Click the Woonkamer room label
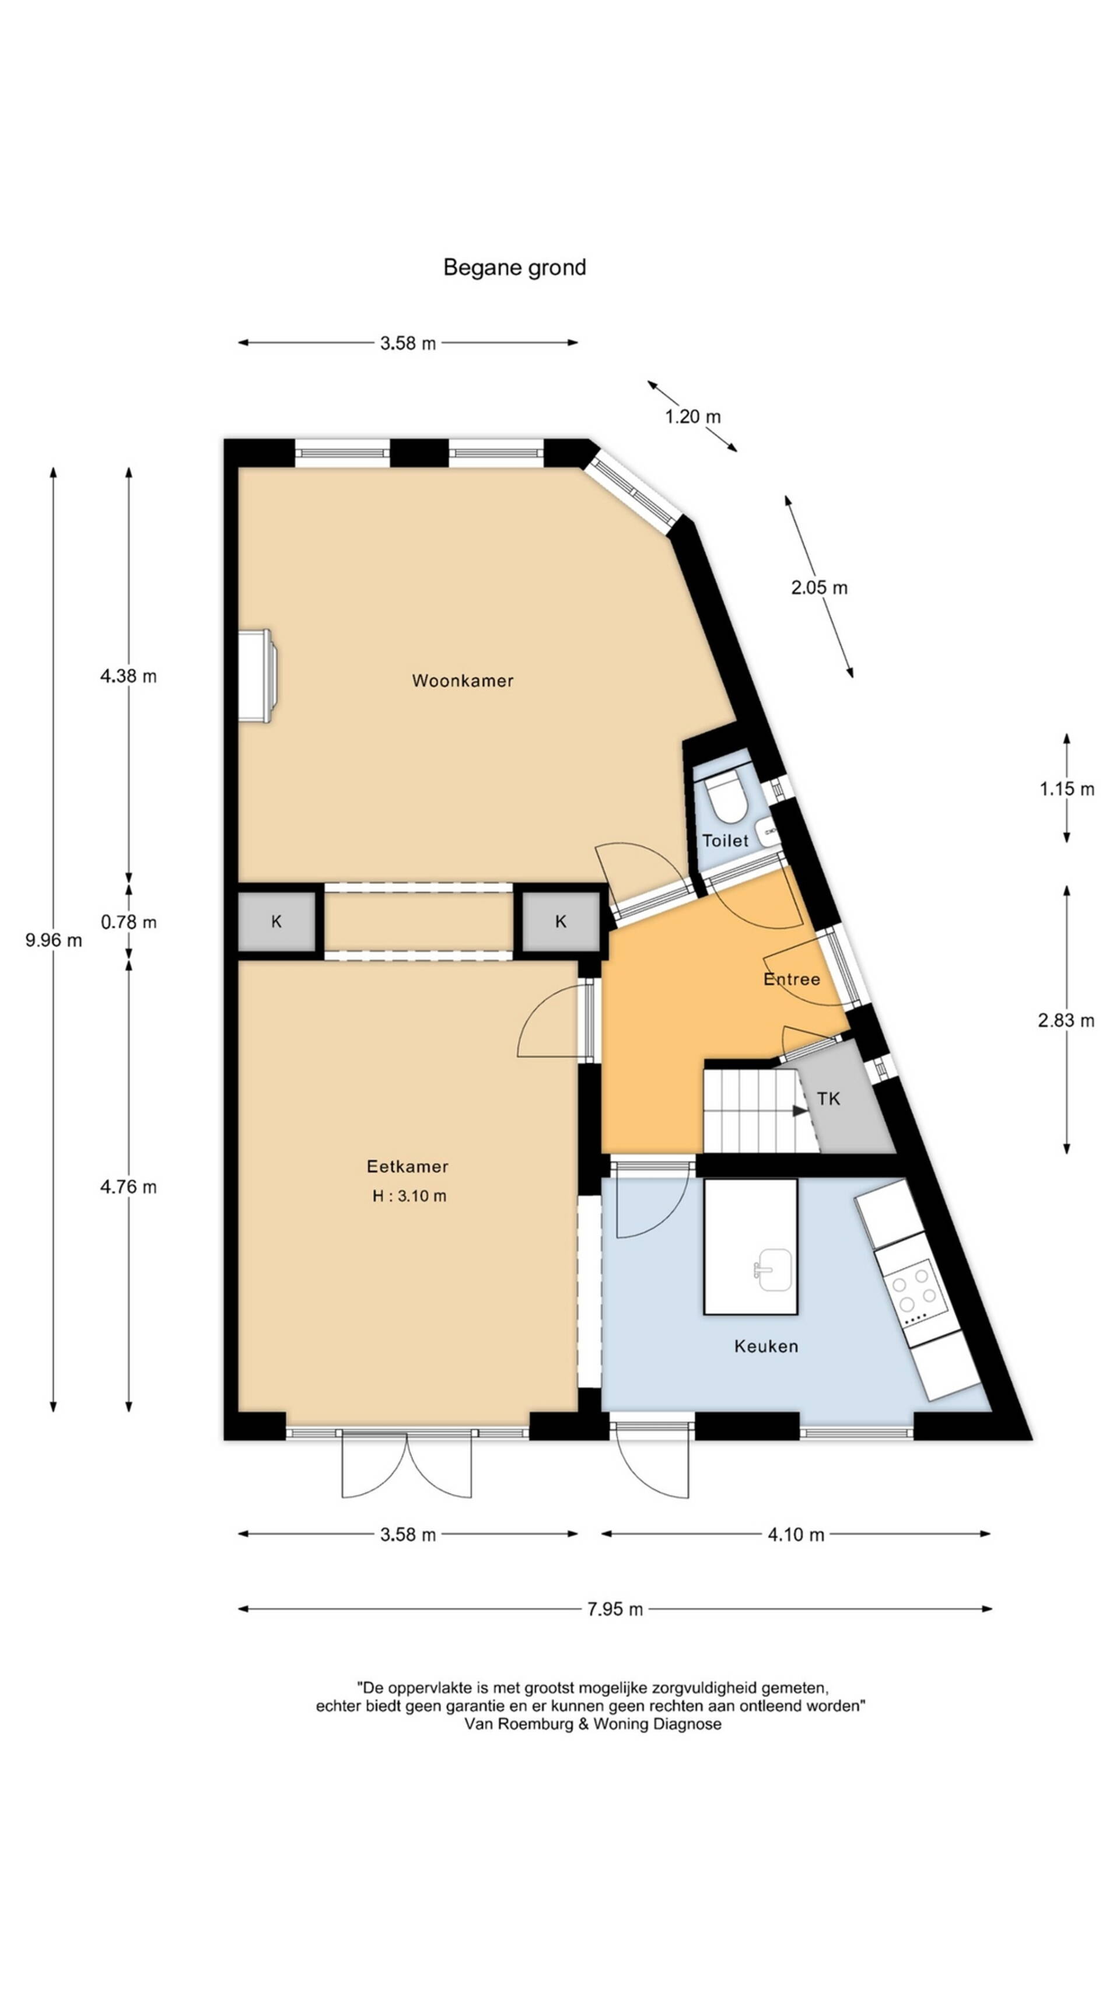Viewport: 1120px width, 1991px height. tap(462, 680)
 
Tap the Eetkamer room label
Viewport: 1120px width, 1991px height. tap(407, 1166)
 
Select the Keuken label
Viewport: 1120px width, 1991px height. tap(766, 1346)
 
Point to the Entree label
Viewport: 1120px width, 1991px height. tap(792, 978)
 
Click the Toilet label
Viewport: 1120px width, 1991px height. tap(725, 840)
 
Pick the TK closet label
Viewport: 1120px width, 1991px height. tap(828, 1098)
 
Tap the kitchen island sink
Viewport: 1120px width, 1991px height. tap(773, 1270)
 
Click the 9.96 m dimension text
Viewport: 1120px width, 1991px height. tap(53, 940)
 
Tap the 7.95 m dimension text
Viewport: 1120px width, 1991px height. tap(614, 1609)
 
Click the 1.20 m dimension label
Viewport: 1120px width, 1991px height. tap(692, 417)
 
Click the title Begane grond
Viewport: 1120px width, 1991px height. tap(514, 267)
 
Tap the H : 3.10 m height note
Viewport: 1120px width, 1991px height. tap(409, 1196)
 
